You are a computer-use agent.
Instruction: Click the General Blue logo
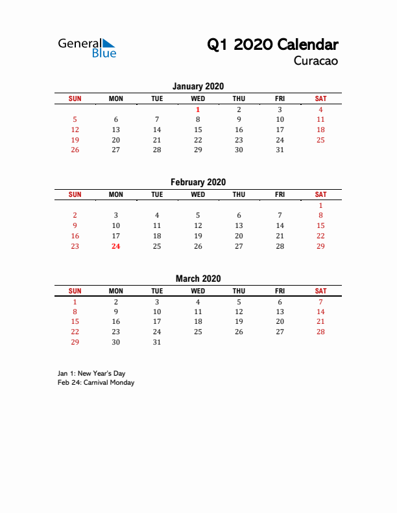click(87, 47)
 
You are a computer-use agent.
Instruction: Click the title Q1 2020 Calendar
click(272, 45)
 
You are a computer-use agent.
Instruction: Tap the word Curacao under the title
click(316, 62)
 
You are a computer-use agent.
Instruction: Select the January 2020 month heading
click(198, 86)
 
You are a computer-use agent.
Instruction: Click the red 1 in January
click(198, 109)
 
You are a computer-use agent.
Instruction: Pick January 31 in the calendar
click(280, 150)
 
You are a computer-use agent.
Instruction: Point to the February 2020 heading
click(198, 182)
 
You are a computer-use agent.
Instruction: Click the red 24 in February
click(115, 246)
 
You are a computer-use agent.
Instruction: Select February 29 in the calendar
click(320, 246)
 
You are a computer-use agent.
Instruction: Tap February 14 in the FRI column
click(280, 225)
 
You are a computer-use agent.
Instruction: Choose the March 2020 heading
click(198, 279)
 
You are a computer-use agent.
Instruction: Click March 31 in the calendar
click(156, 342)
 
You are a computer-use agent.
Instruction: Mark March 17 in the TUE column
click(156, 321)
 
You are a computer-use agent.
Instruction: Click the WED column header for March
click(198, 291)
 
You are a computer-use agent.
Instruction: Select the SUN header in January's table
click(75, 98)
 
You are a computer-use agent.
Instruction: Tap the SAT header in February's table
click(320, 194)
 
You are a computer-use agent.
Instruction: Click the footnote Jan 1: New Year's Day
click(91, 374)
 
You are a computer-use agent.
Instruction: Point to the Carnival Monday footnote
click(96, 383)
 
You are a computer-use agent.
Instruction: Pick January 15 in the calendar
click(198, 130)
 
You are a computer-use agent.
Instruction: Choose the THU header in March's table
click(239, 291)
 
